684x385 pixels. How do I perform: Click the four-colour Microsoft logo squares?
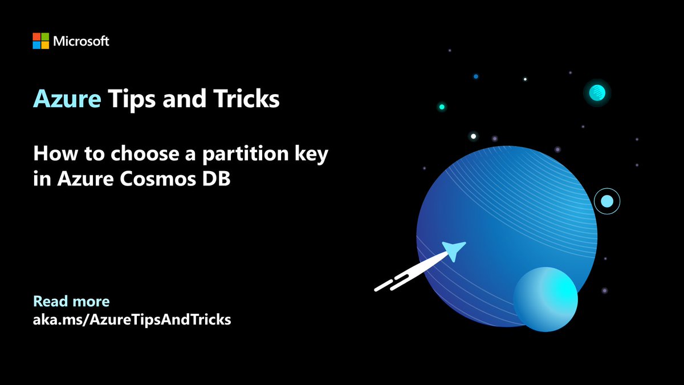point(40,41)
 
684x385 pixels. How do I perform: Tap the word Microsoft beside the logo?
point(80,41)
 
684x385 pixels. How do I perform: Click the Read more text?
point(71,301)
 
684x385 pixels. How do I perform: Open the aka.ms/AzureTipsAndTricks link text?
point(132,320)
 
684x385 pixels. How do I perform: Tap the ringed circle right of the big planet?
point(606,201)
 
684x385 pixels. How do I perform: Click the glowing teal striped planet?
point(596,92)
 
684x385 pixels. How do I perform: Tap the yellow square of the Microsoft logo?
point(44,45)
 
